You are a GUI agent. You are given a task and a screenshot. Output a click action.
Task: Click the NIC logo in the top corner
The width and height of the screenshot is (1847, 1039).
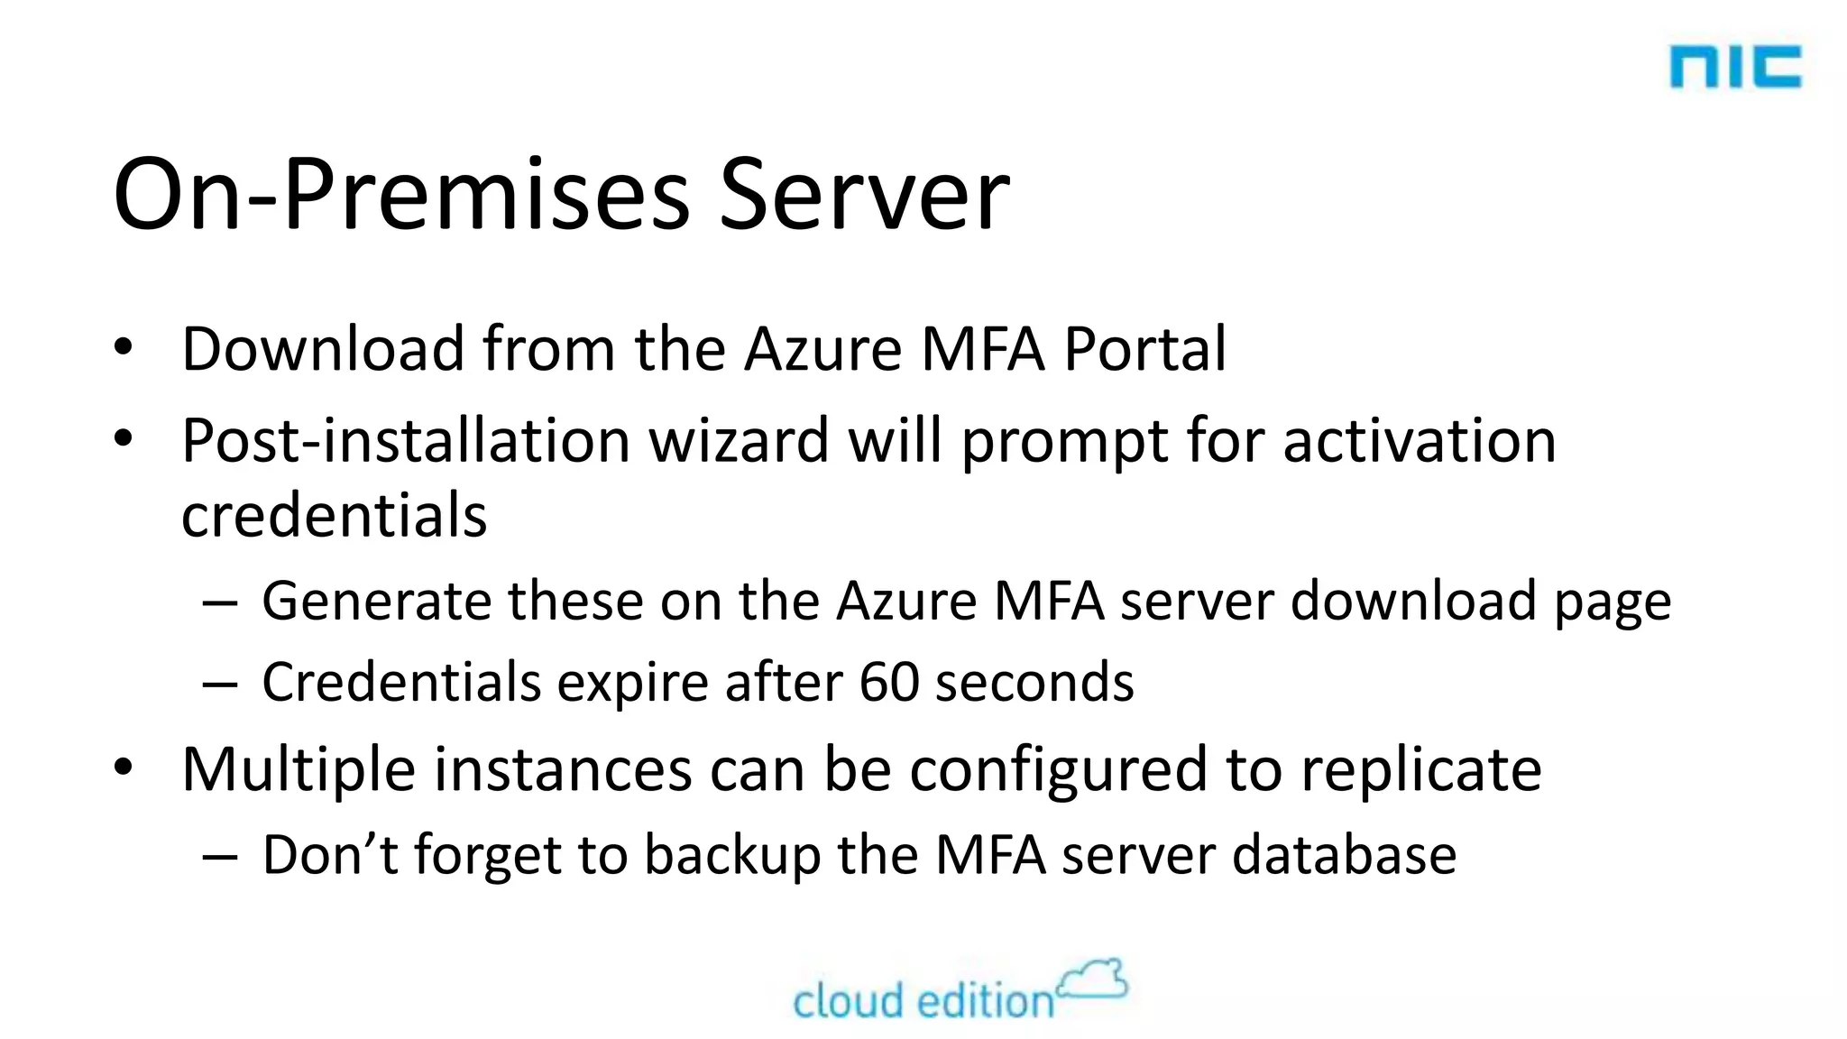coord(1734,68)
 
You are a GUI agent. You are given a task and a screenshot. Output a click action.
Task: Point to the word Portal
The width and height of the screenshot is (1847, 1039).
coord(1145,350)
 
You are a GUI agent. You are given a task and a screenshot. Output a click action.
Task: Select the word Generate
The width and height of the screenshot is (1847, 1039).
coord(377,602)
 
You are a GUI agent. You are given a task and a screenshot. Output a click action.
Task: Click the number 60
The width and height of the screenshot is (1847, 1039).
coord(888,682)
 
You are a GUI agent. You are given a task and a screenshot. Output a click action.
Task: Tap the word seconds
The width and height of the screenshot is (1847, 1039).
coord(1034,682)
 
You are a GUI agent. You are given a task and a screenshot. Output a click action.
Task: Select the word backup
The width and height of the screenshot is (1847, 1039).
coord(732,855)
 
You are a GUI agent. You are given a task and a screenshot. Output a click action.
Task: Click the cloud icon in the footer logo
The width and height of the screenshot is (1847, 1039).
coord(1093,979)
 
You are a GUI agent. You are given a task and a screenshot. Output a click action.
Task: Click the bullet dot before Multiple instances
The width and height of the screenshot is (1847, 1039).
coord(124,768)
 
